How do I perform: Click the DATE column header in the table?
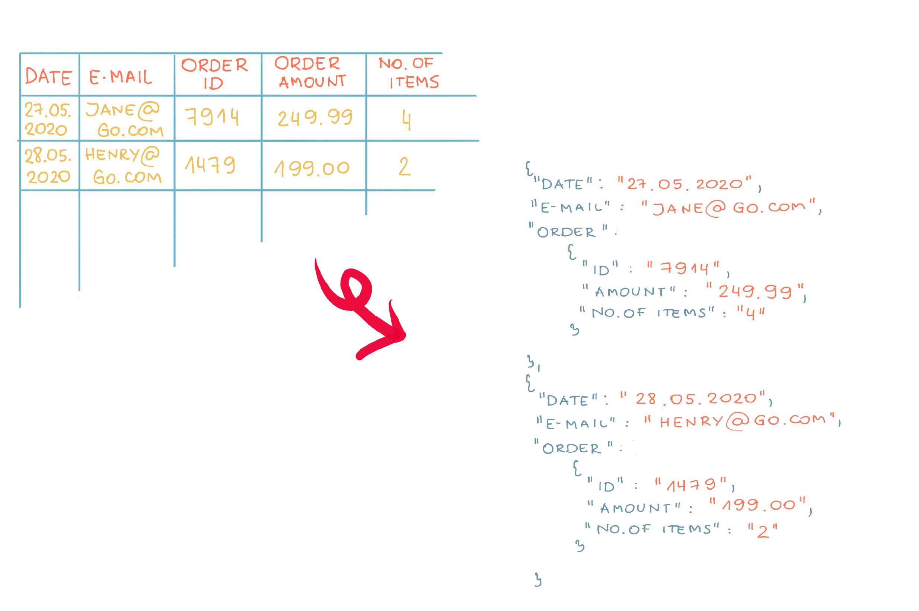point(48,76)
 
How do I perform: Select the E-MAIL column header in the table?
point(120,77)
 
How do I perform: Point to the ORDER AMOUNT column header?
point(310,73)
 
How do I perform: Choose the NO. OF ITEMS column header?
point(409,73)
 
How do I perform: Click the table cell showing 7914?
point(212,117)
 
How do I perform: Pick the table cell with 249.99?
point(315,118)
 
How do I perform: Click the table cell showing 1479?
point(210,165)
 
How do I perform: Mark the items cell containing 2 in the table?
point(404,166)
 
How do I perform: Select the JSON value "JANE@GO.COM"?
point(728,208)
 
